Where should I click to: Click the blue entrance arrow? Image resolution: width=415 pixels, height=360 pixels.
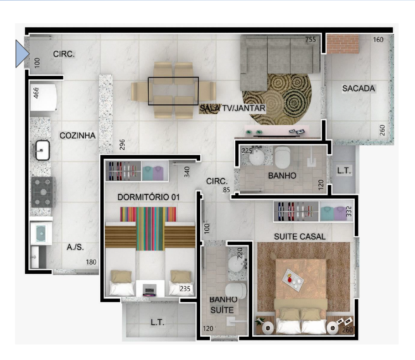click(22, 54)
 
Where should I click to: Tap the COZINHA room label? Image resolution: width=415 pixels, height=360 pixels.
click(77, 136)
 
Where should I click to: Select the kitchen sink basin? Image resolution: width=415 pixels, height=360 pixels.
click(42, 150)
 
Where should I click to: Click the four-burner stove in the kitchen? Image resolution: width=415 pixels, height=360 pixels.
click(44, 192)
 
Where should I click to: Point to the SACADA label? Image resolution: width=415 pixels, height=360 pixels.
click(358, 89)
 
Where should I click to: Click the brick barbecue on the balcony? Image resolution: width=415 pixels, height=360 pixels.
click(342, 44)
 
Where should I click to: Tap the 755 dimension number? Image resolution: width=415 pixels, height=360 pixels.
click(311, 39)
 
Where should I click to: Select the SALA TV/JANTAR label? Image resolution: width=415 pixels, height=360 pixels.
click(233, 108)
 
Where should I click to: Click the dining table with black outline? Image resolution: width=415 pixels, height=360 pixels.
click(173, 91)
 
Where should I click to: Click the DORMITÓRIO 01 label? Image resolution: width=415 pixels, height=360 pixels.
click(149, 197)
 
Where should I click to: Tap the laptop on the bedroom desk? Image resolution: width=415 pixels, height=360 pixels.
click(150, 290)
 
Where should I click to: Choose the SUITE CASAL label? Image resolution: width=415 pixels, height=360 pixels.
click(300, 236)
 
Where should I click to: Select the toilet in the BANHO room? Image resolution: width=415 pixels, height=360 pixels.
click(282, 157)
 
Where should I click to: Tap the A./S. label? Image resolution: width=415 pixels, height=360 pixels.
click(75, 247)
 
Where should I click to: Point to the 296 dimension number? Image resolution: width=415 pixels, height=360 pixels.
click(122, 145)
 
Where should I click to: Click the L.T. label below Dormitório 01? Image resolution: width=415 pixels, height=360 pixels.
click(157, 322)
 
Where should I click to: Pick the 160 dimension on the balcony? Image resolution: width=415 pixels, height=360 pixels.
click(378, 40)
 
